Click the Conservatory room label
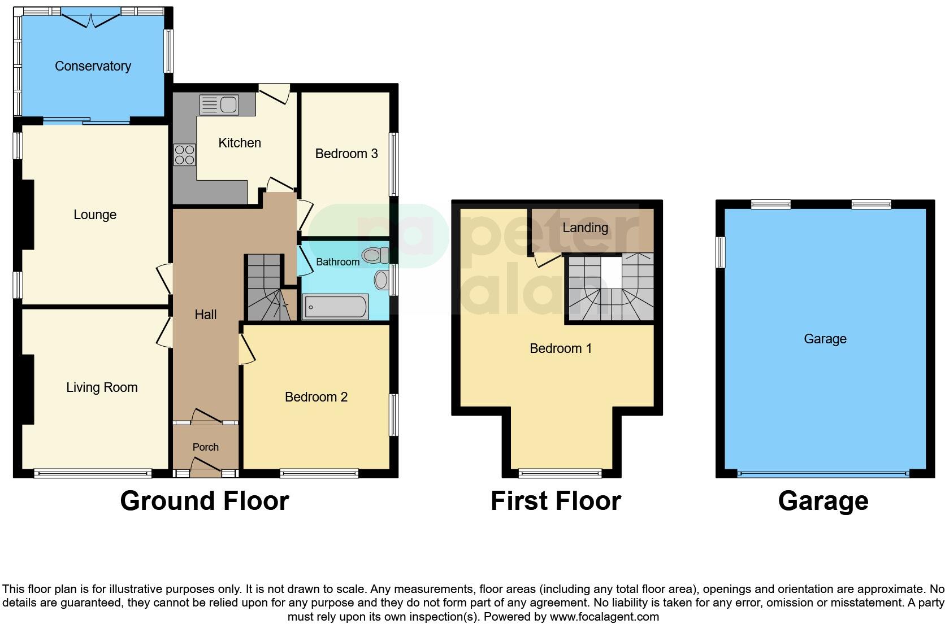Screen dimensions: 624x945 93,66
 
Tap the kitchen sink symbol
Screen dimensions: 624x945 219,104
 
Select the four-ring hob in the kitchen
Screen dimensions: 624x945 185,155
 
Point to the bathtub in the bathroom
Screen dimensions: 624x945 336,307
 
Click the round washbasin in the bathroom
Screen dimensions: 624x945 382,280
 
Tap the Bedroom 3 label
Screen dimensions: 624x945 346,154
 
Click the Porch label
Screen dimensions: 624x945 205,447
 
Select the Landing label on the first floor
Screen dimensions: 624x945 585,228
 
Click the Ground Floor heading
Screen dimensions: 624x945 204,501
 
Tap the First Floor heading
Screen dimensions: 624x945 556,501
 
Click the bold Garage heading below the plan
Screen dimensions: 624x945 823,501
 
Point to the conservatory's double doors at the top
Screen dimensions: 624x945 91,20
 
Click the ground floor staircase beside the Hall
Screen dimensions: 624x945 266,288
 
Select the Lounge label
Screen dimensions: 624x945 95,215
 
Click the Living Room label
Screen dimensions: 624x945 102,387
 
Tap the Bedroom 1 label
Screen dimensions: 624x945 560,348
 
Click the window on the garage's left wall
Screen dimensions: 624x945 720,252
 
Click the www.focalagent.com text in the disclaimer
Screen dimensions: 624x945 604,617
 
